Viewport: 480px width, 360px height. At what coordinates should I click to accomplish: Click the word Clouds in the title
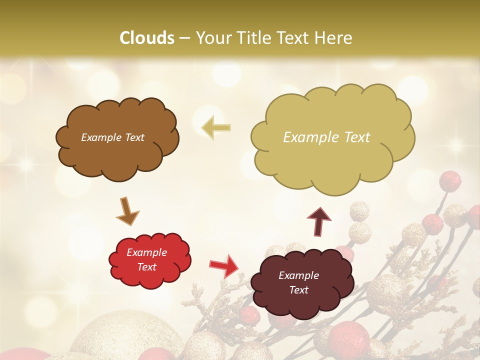(147, 38)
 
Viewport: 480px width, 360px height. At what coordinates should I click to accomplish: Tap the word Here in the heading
(334, 38)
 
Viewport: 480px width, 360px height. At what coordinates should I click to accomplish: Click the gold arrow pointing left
(216, 128)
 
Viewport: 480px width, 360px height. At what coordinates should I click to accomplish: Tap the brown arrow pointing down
(127, 210)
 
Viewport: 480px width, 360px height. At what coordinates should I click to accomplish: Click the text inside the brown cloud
(113, 137)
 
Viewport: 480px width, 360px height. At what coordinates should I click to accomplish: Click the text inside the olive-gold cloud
(326, 137)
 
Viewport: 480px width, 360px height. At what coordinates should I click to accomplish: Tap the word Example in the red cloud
(146, 252)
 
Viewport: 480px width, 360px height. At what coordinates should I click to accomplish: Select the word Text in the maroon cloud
(298, 290)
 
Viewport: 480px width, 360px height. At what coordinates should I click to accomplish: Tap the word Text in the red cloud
(146, 267)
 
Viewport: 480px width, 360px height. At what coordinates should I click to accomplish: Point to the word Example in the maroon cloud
(298, 275)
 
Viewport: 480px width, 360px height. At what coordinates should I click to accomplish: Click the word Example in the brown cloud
(101, 137)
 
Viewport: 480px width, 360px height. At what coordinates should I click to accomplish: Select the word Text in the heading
(295, 38)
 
